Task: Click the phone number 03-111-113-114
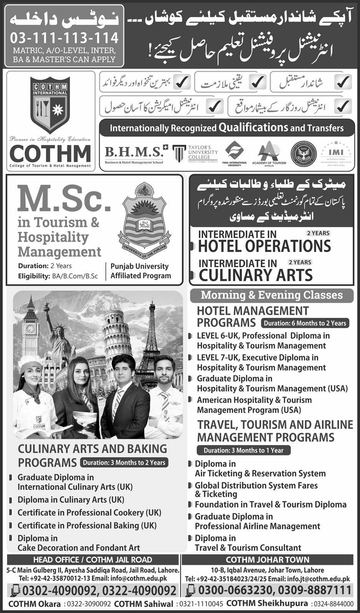[64, 38]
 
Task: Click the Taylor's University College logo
[195, 154]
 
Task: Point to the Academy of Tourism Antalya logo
[269, 153]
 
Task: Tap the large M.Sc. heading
[64, 199]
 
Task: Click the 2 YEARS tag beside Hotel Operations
[318, 233]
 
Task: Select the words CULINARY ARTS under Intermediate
[255, 275]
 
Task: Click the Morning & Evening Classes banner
[272, 295]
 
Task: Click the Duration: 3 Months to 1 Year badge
[243, 450]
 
